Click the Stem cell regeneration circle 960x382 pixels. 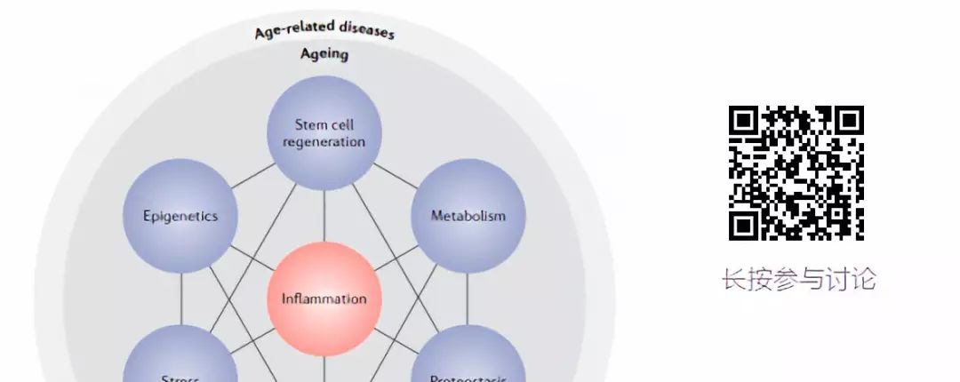[x=324, y=132]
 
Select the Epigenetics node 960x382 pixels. [x=180, y=216]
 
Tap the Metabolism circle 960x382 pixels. [x=468, y=216]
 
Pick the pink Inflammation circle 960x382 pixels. [x=324, y=298]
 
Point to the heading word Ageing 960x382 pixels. [x=324, y=54]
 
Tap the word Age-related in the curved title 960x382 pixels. [x=288, y=30]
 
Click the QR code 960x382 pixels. [x=796, y=173]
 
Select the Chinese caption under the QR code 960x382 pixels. [x=798, y=279]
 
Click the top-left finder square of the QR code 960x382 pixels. [x=745, y=122]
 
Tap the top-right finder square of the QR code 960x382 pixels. [x=848, y=122]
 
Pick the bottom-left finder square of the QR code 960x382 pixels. [x=745, y=225]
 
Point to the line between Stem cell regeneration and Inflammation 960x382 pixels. [x=324, y=214]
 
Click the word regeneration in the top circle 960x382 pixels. [x=324, y=142]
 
